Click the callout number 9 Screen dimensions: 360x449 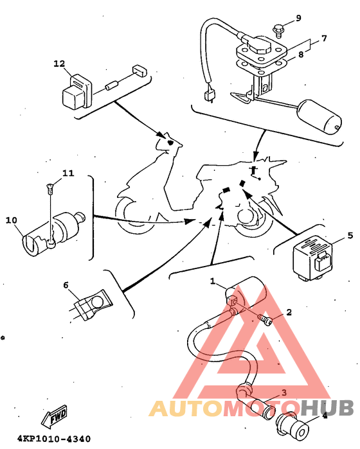298,18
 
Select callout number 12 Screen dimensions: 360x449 59,64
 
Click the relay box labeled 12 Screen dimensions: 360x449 76,92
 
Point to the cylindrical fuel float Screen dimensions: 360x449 319,116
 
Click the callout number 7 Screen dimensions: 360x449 324,39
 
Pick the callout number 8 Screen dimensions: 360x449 301,54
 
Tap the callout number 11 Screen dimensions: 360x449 68,173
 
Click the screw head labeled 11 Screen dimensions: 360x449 50,188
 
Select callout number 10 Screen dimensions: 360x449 12,220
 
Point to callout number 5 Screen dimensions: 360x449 350,235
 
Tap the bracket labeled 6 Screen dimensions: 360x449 93,304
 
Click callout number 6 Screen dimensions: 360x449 66,285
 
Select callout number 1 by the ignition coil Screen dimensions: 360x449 212,281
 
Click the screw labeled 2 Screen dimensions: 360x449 265,320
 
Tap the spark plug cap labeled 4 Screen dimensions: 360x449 292,427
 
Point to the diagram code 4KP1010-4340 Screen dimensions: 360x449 54,439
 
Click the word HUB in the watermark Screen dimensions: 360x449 327,408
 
